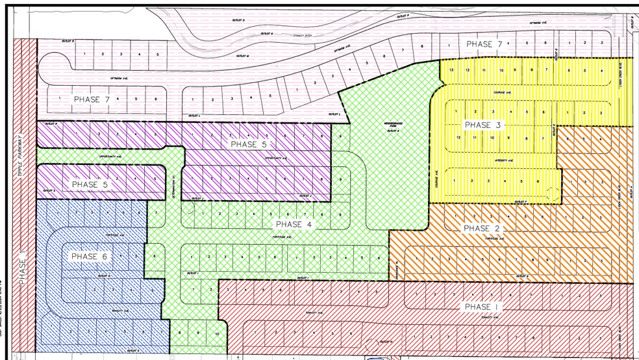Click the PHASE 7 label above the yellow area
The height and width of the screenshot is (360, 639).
tap(484, 44)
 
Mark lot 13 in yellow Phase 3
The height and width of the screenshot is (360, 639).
tap(450, 70)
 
